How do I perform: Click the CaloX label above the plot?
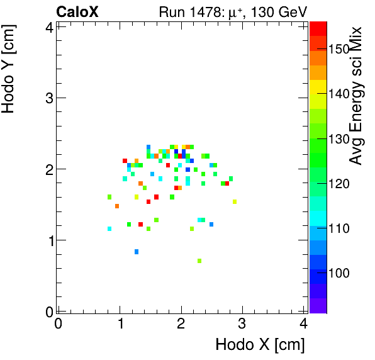tap(77, 11)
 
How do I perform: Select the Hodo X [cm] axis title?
tap(260, 345)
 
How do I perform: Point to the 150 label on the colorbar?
tap(339, 50)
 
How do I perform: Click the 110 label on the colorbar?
tap(339, 228)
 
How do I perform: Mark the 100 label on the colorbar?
tap(339, 273)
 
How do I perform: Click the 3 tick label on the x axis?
tap(242, 323)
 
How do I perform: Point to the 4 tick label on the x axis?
tap(303, 323)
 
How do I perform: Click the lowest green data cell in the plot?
tap(199, 261)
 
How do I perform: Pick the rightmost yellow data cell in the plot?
tap(234, 202)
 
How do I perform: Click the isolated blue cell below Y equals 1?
tap(137, 252)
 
